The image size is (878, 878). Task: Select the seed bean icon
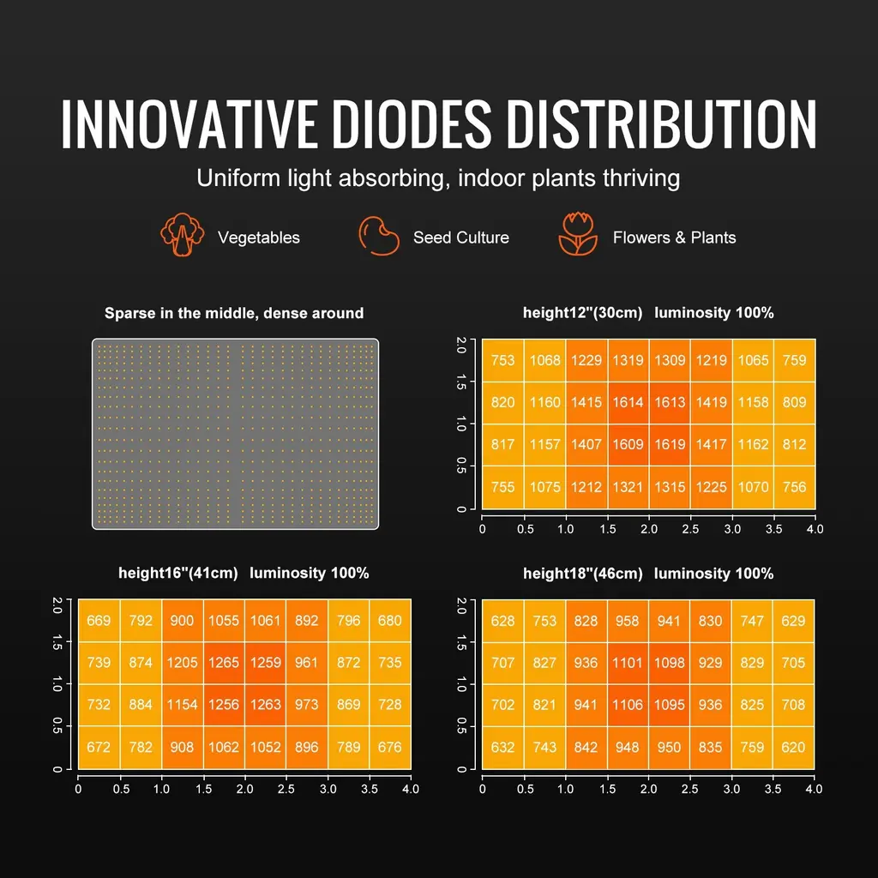click(378, 236)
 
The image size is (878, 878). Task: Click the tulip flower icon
click(578, 234)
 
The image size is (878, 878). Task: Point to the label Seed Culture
click(460, 238)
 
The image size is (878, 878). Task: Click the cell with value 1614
click(628, 402)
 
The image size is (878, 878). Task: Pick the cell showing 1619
click(670, 444)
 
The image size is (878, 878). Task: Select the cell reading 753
click(502, 360)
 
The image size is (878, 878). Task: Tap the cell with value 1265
click(224, 663)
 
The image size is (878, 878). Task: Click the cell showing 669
click(99, 620)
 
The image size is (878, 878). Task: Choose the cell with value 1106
click(628, 705)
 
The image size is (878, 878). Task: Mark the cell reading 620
click(794, 747)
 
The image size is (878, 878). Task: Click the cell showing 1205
click(182, 663)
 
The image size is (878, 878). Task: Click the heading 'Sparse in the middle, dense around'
click(234, 314)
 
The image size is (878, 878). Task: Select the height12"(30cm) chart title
click(648, 314)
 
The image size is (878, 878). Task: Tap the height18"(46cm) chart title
click(648, 574)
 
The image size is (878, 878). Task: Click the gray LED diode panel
click(235, 434)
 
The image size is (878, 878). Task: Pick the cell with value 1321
click(628, 487)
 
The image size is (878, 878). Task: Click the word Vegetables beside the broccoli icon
click(258, 238)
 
